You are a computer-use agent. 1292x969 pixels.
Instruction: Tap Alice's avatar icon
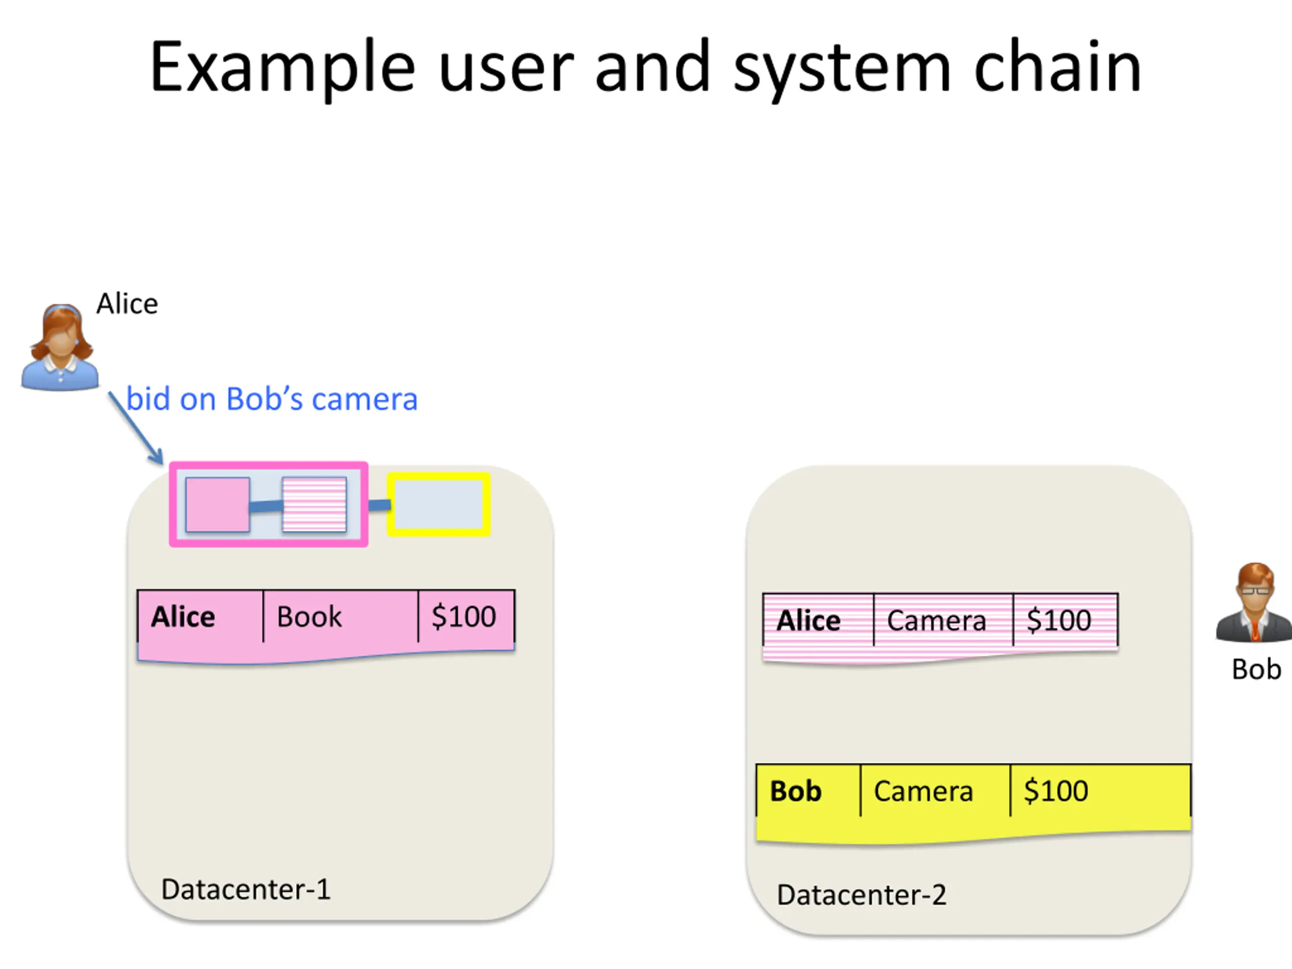[x=60, y=347]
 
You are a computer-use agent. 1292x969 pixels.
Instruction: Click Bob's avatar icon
[x=1254, y=602]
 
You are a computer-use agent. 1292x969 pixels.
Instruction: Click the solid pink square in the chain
[x=218, y=505]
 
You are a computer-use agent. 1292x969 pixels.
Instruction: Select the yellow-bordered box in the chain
[x=439, y=505]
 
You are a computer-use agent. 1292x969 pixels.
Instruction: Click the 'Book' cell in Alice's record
[x=341, y=617]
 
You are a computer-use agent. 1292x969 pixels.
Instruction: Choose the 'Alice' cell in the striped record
[x=818, y=620]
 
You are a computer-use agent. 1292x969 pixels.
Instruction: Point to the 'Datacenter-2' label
[x=862, y=895]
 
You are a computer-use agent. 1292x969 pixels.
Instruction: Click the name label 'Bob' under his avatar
[x=1256, y=669]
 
